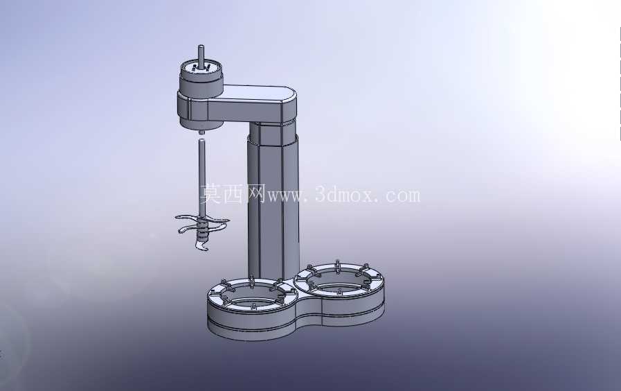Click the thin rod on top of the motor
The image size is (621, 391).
pyautogui.click(x=201, y=55)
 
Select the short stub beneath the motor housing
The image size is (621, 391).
pyautogui.click(x=201, y=132)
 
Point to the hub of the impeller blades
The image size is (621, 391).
pyautogui.click(x=202, y=229)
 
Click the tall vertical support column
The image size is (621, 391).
pyautogui.click(x=273, y=206)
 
